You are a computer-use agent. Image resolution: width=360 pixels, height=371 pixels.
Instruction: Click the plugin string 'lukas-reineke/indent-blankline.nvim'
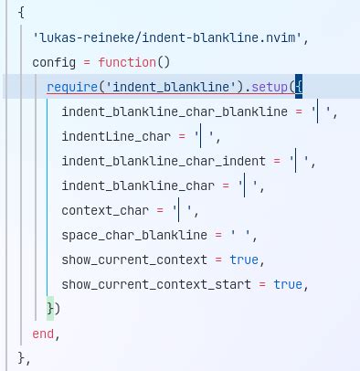[x=157, y=38]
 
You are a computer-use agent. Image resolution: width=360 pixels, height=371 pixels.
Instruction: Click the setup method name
[x=269, y=88]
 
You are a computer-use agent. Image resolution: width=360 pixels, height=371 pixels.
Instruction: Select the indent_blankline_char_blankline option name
[x=174, y=112]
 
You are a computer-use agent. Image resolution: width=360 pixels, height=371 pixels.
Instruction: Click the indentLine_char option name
[x=116, y=137]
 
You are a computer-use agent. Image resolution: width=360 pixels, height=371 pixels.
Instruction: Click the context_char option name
[x=105, y=211]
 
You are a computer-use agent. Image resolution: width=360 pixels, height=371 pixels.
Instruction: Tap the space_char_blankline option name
[x=134, y=236]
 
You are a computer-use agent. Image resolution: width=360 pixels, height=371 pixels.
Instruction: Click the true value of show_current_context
[x=244, y=260]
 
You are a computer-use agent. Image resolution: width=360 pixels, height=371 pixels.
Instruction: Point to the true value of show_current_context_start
[x=288, y=285]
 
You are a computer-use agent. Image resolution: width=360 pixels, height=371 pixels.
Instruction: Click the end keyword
[x=43, y=334]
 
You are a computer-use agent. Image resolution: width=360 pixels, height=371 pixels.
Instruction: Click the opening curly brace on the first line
[x=21, y=14]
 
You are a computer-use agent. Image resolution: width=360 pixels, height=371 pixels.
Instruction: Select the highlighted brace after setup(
[x=299, y=88]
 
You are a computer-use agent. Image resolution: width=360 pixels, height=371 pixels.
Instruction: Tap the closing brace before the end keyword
[x=51, y=309]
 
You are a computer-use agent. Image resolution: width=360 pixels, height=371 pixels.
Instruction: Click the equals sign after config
[x=87, y=63]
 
